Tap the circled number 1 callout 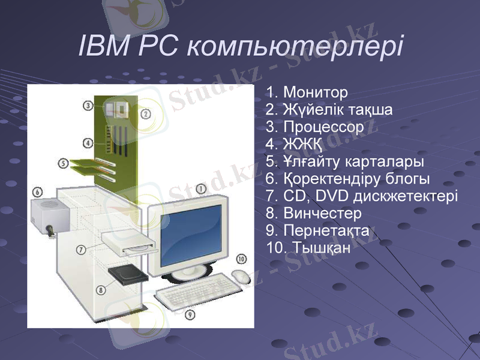pos(202,188)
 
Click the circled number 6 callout pos(37,192)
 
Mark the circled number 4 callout pos(88,143)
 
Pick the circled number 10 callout pos(241,259)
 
